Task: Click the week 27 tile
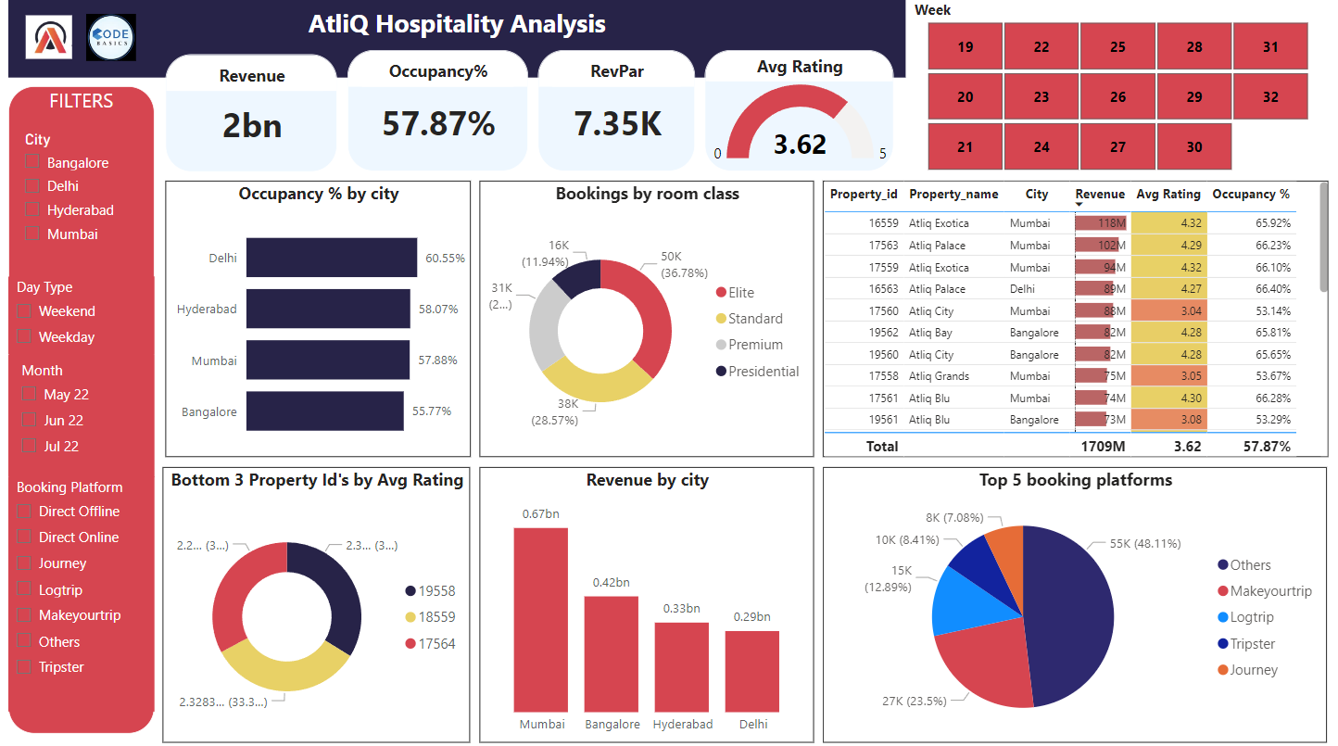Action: tap(1117, 146)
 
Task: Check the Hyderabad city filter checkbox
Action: tap(33, 210)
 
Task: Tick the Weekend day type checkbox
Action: tap(24, 311)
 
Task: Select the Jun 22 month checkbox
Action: tap(30, 421)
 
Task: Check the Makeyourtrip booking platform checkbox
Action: tap(24, 615)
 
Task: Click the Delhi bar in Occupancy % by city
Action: tap(331, 258)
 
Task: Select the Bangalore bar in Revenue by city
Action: tap(611, 653)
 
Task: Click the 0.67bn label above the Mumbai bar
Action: tap(540, 514)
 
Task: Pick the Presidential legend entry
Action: tap(763, 372)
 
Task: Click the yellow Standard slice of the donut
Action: tap(598, 382)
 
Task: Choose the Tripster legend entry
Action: tap(1252, 644)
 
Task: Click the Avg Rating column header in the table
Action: tap(1168, 195)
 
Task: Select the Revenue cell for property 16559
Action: tap(1101, 223)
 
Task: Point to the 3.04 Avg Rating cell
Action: tap(1169, 311)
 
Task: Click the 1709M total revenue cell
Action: tap(1102, 447)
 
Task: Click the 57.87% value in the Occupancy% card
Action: tap(438, 123)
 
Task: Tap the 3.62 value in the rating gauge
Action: tap(800, 145)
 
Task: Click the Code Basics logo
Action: tap(111, 38)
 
